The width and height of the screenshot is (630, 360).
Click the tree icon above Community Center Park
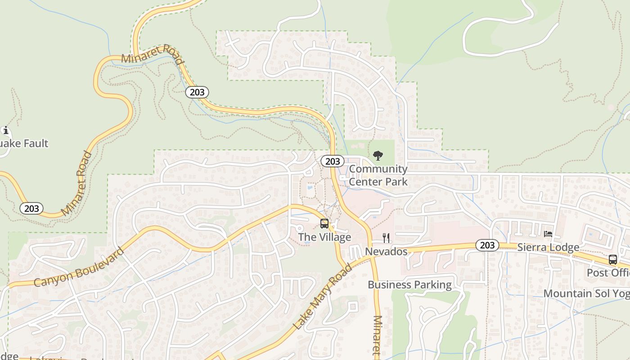[x=378, y=156]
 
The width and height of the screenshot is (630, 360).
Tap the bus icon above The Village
[x=324, y=224]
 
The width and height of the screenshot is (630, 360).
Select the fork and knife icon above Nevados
[x=386, y=238]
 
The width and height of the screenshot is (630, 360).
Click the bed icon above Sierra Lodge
[x=548, y=234]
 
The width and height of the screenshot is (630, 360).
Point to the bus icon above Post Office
[x=612, y=260]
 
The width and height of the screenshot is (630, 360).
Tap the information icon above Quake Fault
[x=6, y=131]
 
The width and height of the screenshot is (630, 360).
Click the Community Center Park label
[x=378, y=175]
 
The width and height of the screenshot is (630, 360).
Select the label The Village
[x=324, y=237]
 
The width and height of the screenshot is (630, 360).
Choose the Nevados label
[x=386, y=252]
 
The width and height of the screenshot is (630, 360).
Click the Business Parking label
[x=409, y=285]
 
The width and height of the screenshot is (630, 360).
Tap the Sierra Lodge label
[x=548, y=247]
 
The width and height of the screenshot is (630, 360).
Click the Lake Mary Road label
[x=322, y=297]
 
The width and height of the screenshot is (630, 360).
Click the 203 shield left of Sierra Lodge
[x=487, y=245]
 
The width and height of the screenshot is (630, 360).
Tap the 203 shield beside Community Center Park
[x=333, y=162]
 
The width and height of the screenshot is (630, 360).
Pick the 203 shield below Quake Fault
[x=31, y=209]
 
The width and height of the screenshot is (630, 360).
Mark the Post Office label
[x=608, y=273]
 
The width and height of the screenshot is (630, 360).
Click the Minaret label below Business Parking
[x=377, y=337]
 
